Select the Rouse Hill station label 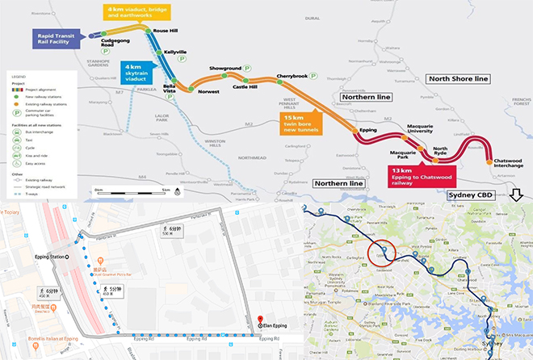[166, 31]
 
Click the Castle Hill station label [245, 86]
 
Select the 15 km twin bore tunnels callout [300, 123]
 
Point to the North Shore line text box [460, 78]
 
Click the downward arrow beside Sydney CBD [517, 196]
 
